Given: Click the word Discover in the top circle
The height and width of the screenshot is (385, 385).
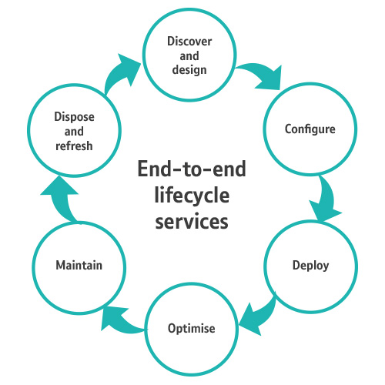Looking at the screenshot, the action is click(x=189, y=42).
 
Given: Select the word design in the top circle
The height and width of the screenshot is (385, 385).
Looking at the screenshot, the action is click(x=189, y=70).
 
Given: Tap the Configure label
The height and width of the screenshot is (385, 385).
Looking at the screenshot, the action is click(x=310, y=129).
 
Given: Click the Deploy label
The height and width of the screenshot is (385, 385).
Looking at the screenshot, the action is click(x=310, y=266).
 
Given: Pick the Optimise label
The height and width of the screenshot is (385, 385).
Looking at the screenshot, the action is click(x=192, y=329).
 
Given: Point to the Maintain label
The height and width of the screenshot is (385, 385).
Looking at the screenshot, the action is click(x=79, y=265).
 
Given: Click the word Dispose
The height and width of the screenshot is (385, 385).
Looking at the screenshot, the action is click(x=74, y=117).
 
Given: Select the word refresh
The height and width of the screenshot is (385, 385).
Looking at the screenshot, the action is click(x=74, y=146).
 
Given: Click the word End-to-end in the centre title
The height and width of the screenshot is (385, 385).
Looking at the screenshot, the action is click(x=192, y=169).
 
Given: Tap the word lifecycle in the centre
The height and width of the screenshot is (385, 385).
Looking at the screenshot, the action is click(x=192, y=196).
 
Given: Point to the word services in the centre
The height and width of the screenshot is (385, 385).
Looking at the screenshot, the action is click(x=192, y=222).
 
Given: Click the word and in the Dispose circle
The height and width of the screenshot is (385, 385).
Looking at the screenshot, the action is click(x=74, y=132).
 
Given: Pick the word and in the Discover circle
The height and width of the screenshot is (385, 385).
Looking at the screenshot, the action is click(x=189, y=55).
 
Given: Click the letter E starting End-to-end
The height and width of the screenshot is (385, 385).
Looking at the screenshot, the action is click(x=142, y=169).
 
